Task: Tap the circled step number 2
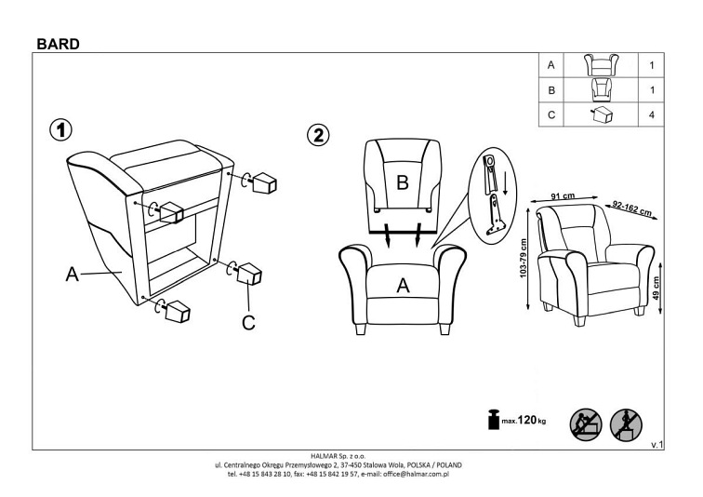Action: (x=319, y=134)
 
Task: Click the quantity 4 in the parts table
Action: (x=650, y=115)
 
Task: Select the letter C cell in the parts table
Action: (x=552, y=115)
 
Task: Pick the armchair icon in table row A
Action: (x=602, y=66)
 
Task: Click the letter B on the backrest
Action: (x=403, y=183)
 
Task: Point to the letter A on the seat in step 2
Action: (x=403, y=286)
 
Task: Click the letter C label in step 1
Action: (x=248, y=323)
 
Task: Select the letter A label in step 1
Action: (x=71, y=275)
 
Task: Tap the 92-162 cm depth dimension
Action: (x=632, y=207)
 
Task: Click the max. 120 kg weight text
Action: (x=524, y=422)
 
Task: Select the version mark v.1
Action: (x=657, y=446)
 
